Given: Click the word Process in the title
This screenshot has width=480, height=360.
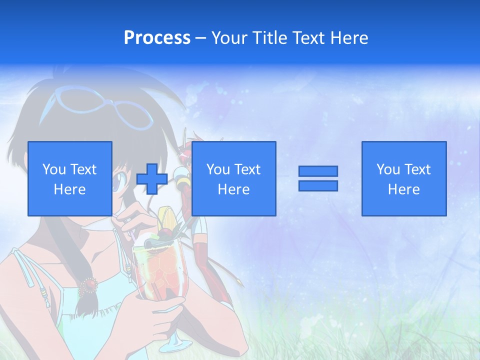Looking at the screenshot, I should coord(157,37).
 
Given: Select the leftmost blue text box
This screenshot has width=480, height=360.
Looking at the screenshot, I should coord(70,178).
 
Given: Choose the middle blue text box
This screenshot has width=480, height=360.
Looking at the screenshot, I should coord(233,178).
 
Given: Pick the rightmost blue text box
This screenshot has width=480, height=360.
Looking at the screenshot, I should coord(404,178).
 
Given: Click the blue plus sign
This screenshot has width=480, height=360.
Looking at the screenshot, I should coord(152,178).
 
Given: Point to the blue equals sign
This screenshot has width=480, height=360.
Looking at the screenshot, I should coord(318,178).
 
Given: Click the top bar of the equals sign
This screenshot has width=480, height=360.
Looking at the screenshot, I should coord(318,171).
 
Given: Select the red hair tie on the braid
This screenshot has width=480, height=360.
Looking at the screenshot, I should coord(89,285).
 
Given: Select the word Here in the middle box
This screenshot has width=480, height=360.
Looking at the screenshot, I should coord(233,189).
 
